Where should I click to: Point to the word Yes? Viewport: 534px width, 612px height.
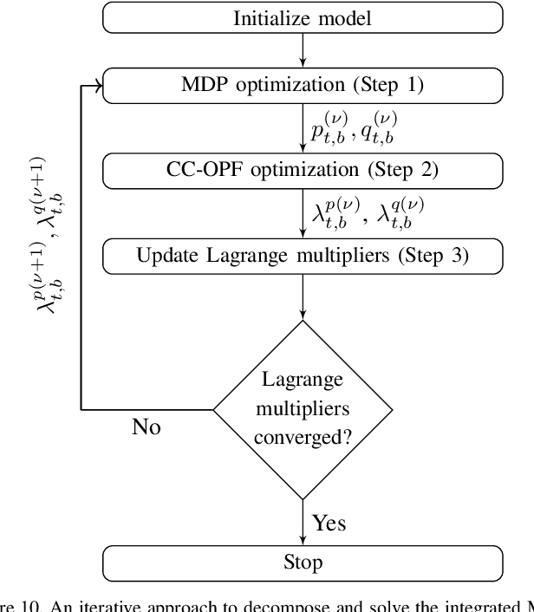[329, 523]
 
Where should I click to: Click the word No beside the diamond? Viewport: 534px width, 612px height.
[146, 427]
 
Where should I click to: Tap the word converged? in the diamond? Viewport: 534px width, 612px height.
[303, 437]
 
